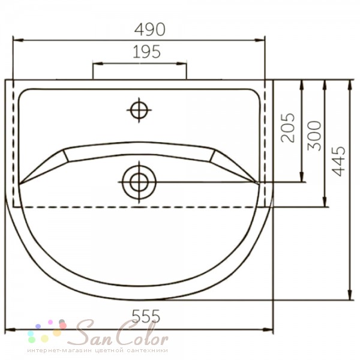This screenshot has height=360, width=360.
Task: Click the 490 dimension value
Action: (149, 29)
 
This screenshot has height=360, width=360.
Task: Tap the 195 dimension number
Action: (146, 52)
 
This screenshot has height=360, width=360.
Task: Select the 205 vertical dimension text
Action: (287, 128)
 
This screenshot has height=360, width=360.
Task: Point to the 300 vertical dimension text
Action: (314, 136)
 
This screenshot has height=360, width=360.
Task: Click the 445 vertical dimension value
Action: (338, 161)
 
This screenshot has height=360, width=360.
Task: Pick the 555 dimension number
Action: (146, 316)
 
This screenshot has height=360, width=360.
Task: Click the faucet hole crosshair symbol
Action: (139, 110)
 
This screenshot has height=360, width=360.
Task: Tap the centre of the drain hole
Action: (139, 182)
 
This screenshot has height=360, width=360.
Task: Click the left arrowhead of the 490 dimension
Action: (18, 40)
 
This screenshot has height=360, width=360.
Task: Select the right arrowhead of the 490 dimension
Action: (260, 40)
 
